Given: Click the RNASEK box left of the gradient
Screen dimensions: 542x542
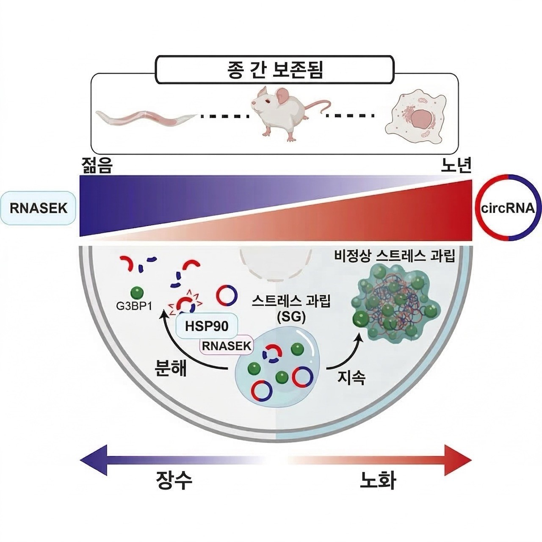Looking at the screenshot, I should [39, 208].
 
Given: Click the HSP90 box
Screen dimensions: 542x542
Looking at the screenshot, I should [207, 326].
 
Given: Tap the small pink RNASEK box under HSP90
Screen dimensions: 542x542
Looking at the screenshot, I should [226, 346].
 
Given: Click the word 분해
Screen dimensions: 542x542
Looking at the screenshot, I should [171, 368].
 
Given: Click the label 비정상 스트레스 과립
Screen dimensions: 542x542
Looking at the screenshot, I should [394, 256].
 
